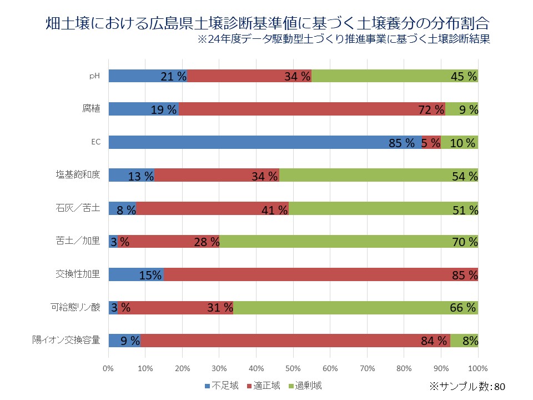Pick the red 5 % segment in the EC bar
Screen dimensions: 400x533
431,142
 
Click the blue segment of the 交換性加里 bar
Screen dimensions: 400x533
135,274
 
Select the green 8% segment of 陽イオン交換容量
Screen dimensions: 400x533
464,341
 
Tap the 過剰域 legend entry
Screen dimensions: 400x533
304,385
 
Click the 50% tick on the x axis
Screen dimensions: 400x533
293,368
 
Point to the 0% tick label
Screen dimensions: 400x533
108,368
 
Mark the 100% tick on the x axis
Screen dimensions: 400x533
478,368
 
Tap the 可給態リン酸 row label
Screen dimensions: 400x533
75,307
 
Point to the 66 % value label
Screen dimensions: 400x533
463,308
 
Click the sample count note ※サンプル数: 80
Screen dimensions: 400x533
468,386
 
